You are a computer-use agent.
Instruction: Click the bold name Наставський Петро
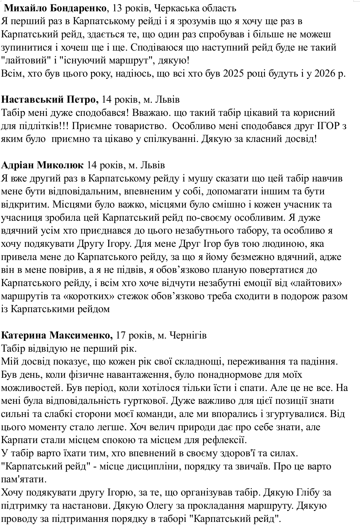point(50,100)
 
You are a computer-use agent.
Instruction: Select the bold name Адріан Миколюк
point(43,165)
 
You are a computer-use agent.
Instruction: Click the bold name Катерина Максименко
point(57,335)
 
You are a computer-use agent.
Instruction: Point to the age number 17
point(121,335)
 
